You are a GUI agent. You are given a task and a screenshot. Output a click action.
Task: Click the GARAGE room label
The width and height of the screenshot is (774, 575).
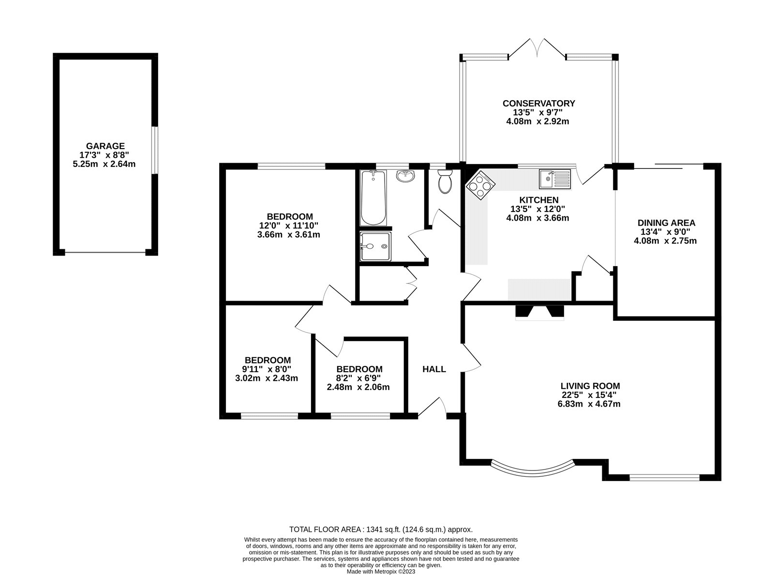coord(105,146)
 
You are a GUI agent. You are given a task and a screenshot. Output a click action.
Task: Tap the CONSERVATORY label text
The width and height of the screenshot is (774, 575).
coord(538,103)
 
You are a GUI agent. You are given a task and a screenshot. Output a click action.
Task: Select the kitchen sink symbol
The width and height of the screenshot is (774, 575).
coord(555,179)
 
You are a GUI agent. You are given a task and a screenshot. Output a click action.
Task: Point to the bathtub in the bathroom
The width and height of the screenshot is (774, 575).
coord(373,198)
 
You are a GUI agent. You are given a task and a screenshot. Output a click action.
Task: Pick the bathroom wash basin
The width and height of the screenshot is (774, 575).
coord(405,177)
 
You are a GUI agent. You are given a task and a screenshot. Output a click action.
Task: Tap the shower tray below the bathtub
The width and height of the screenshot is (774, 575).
coord(375,246)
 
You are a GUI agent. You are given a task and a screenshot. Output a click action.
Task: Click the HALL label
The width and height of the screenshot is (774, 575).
coord(434,369)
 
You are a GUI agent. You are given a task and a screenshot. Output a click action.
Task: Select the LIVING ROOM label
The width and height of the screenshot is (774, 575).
coord(590,386)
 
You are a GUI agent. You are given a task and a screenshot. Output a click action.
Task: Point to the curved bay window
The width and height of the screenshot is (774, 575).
coord(533,470)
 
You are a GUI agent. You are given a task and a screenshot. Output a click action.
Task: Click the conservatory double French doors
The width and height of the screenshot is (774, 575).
coord(537,48)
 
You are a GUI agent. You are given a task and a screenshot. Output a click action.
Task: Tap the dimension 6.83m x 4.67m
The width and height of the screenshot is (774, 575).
coord(589,404)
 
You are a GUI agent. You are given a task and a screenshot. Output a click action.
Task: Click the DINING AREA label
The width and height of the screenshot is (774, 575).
coord(666,223)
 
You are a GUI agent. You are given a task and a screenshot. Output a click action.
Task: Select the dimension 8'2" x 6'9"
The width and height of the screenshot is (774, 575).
coord(359,378)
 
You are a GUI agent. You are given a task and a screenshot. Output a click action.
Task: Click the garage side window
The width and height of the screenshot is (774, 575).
coord(154,150)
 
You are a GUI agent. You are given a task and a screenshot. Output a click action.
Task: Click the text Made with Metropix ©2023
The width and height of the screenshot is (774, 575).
coord(381,571)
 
